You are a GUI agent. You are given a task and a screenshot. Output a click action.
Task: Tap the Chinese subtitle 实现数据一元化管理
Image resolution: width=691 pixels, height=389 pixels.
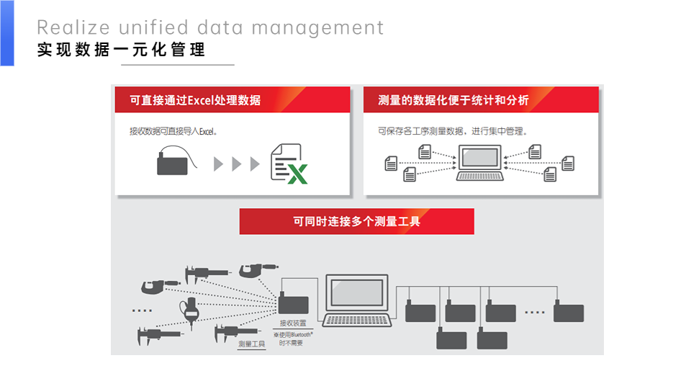[x=121, y=50]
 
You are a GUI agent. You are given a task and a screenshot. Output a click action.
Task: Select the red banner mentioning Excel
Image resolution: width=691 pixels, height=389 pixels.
[x=232, y=100]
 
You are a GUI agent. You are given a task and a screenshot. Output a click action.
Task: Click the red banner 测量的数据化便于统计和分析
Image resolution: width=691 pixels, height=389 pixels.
[x=481, y=100]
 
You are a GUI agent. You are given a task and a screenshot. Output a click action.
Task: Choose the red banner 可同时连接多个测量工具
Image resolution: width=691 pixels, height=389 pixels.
[x=356, y=222]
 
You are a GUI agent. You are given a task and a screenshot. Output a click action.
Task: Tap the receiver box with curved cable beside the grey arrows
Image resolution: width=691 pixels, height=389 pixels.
[x=173, y=163]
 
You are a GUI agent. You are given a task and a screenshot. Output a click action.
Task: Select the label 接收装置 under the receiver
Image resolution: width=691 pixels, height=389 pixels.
[x=293, y=323]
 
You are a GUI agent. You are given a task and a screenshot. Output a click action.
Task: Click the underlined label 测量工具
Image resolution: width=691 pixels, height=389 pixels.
[x=252, y=344]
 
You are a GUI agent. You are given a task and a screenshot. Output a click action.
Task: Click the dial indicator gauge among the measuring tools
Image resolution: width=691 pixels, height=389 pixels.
[x=191, y=308]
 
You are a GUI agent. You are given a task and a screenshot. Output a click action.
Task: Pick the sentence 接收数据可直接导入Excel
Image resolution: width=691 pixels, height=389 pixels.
[x=173, y=132]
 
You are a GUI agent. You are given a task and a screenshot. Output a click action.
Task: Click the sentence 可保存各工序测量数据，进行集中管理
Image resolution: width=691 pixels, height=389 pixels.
[x=453, y=132]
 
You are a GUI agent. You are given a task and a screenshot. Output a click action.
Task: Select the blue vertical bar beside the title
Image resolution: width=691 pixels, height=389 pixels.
[x=6, y=33]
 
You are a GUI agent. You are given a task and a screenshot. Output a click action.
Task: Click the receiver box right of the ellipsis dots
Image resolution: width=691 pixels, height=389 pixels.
[x=568, y=313]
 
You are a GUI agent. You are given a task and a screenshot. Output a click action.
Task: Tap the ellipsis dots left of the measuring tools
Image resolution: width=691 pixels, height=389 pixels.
[x=142, y=310]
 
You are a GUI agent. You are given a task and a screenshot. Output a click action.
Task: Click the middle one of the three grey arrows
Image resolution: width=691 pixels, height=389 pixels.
[x=237, y=164]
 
